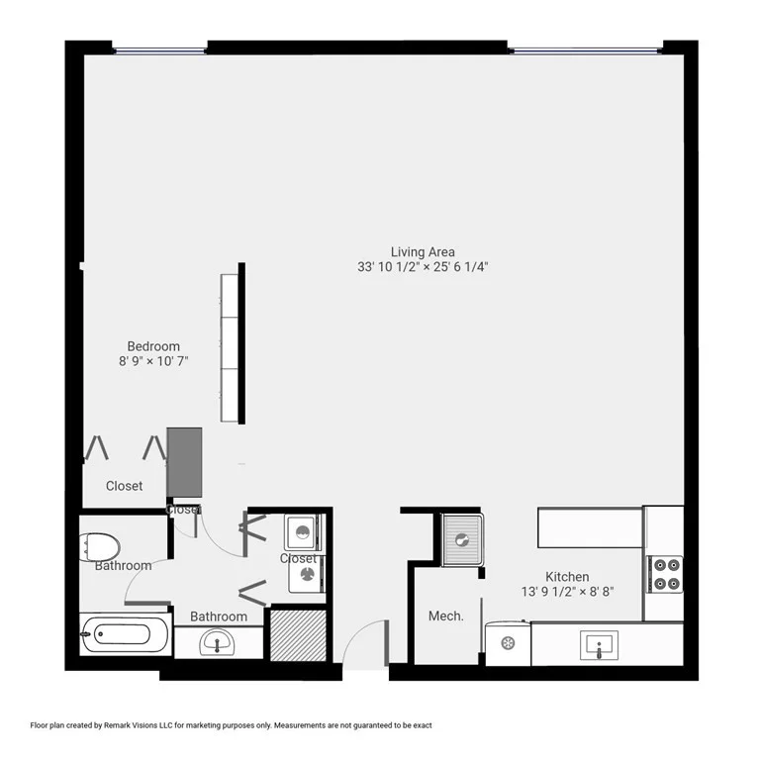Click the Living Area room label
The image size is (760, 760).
click(423, 251)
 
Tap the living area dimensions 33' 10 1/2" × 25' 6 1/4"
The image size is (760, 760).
click(424, 267)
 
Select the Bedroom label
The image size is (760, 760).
click(153, 346)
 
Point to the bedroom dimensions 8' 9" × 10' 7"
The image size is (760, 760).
click(153, 362)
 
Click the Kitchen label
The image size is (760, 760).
click(567, 577)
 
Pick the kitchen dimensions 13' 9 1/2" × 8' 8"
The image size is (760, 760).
click(567, 593)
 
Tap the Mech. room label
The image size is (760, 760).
click(445, 617)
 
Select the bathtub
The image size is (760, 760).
click(126, 633)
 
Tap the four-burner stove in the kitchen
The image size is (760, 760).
click(663, 574)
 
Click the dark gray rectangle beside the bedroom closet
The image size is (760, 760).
click(184, 462)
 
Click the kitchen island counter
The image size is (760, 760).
click(590, 527)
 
